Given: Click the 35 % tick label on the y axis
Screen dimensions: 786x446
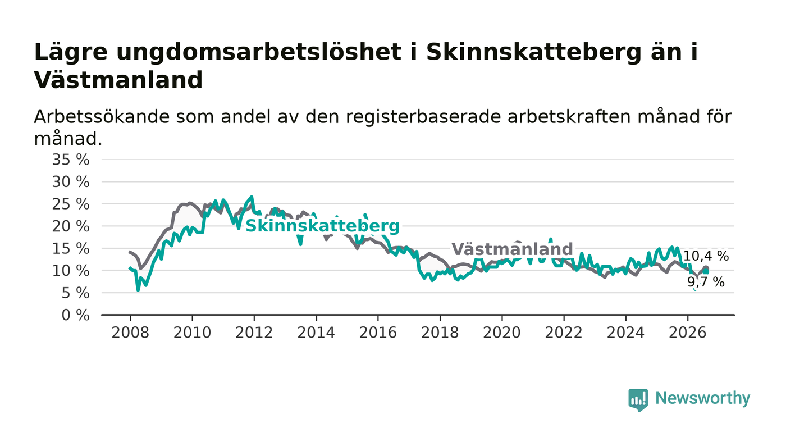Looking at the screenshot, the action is click(x=71, y=160).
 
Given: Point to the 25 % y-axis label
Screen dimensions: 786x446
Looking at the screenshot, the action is click(x=71, y=204).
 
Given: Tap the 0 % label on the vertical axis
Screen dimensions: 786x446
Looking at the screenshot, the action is click(x=75, y=315).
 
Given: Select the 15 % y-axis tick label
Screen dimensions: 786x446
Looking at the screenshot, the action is click(x=71, y=249).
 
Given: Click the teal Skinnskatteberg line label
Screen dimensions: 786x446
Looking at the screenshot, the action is click(x=322, y=226).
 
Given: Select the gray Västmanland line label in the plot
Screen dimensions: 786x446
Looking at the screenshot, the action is click(x=512, y=249).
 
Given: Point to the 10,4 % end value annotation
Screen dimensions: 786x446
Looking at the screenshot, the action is click(x=706, y=256).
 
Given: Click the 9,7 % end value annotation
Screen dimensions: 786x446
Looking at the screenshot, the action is click(x=706, y=281).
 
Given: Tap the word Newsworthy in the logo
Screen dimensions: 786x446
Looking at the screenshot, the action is click(x=702, y=398).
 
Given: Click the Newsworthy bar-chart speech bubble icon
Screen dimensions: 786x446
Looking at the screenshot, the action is click(x=638, y=400).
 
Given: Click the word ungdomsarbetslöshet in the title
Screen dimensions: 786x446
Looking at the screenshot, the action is click(x=259, y=53).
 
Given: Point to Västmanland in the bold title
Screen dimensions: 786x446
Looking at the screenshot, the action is click(x=118, y=80).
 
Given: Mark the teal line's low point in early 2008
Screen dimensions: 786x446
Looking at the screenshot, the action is click(x=138, y=290).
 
